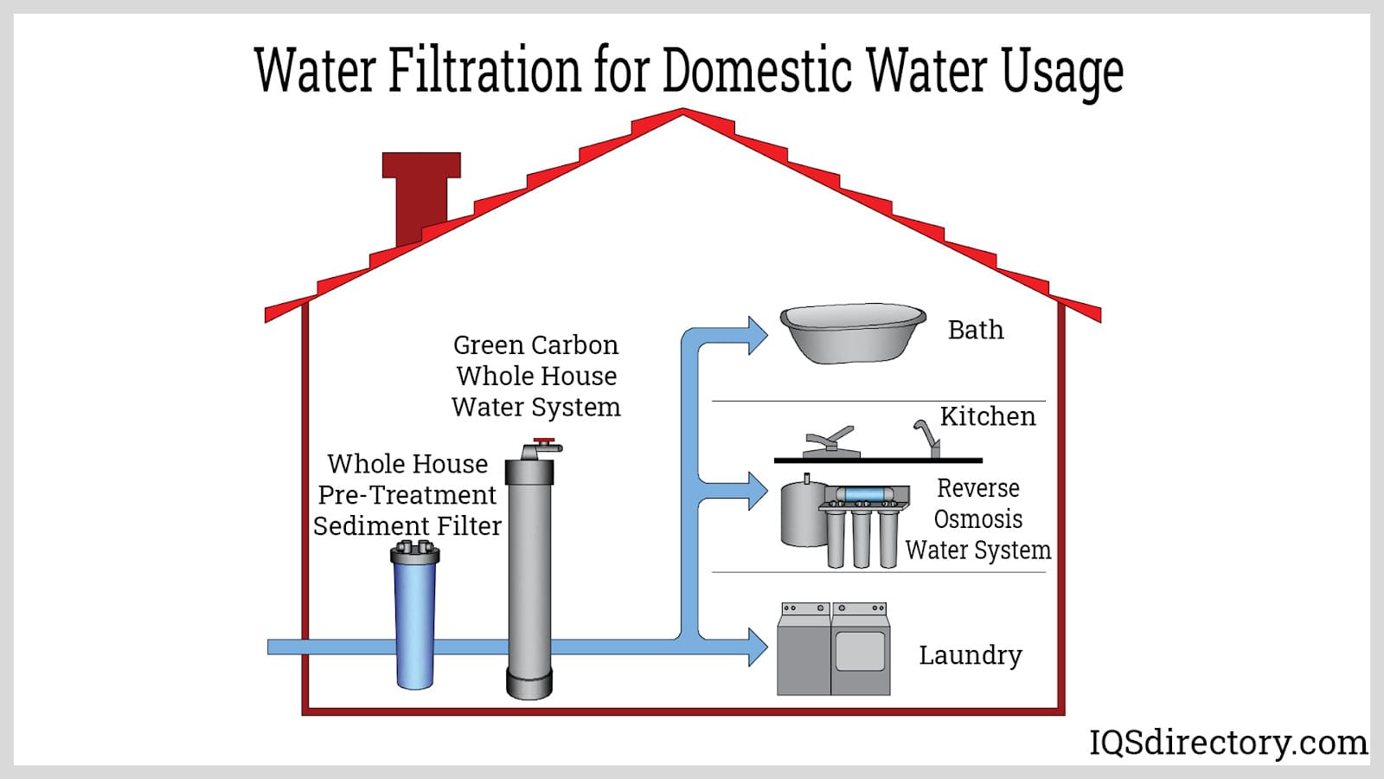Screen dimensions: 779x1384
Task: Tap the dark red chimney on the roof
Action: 421,195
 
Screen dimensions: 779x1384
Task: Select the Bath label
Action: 976,330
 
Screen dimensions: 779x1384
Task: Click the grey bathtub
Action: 853,332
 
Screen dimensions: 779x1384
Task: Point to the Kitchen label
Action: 987,416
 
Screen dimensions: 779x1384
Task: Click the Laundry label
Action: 970,655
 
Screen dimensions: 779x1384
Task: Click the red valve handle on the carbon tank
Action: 544,441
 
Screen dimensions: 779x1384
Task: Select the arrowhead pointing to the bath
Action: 756,336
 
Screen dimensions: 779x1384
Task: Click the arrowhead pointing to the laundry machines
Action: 756,647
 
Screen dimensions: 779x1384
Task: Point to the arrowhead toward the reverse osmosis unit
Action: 756,492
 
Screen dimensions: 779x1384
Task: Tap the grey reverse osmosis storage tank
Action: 801,516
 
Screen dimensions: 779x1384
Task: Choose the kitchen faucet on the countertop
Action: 927,437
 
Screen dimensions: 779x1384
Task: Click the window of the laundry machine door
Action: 861,650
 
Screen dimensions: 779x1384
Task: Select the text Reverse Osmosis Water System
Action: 978,519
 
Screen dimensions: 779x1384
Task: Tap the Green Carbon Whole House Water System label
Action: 536,377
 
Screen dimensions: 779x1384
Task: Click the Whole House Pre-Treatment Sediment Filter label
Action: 407,495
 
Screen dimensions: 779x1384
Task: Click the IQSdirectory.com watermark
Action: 1227,743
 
